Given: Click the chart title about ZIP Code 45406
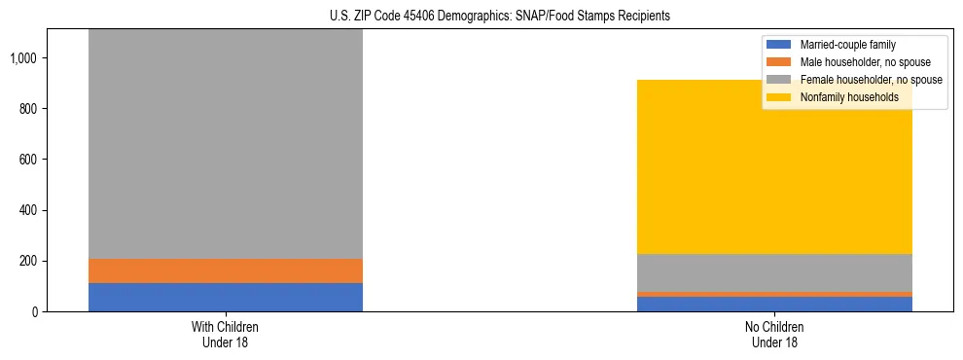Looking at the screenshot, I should [482, 17].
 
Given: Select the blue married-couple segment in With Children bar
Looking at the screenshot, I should [225, 297].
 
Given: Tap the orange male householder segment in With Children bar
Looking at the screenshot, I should [225, 270].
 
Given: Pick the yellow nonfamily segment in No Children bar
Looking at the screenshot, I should [774, 166].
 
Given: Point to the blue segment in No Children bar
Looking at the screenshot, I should [774, 304].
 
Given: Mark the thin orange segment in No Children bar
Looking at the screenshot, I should [774, 294].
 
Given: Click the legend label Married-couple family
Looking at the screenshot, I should [847, 45].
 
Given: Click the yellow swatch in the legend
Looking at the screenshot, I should [779, 97].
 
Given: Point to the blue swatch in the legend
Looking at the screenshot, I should [779, 45].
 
